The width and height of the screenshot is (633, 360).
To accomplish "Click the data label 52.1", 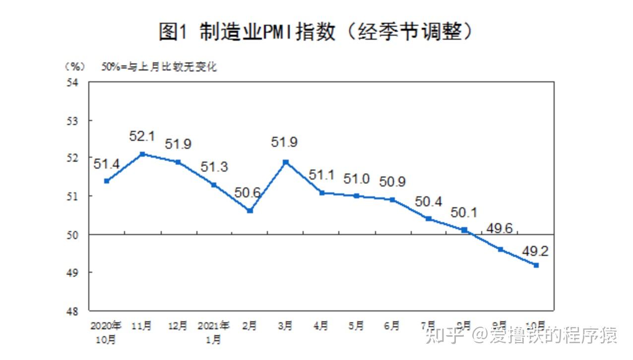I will (x=142, y=136).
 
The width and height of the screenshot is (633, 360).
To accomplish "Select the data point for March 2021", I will (x=286, y=162).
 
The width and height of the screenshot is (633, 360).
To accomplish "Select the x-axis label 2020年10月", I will (x=106, y=332).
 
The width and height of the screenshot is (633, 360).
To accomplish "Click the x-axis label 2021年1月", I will (x=213, y=332).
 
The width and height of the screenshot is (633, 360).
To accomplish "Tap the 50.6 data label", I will (x=248, y=192).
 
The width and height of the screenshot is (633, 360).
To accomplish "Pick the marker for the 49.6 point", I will (x=501, y=249).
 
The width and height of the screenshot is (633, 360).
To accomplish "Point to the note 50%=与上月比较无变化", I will (x=159, y=66).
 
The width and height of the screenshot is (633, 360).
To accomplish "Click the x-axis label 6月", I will (x=392, y=326).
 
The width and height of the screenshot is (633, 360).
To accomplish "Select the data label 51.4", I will (x=107, y=164).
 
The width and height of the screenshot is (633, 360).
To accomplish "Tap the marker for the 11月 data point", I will (x=142, y=154).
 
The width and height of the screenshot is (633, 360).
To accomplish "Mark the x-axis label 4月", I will (x=321, y=326).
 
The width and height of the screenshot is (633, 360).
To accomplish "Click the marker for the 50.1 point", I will (x=464, y=230).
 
